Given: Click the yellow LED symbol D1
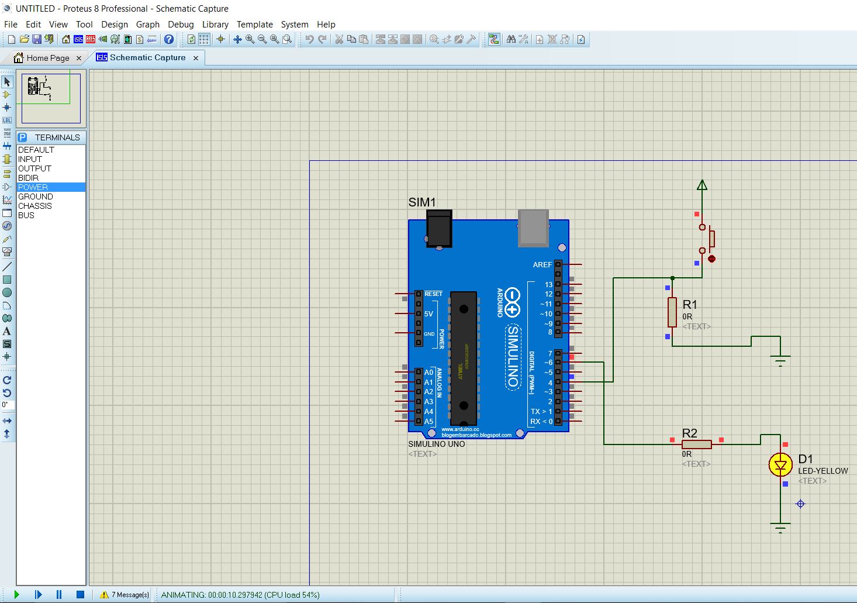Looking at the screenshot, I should (x=780, y=465).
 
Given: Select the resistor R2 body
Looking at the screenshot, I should (x=696, y=445).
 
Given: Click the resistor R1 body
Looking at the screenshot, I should (x=672, y=312).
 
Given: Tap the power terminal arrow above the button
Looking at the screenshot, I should (x=702, y=185).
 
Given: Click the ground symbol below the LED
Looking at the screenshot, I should (x=780, y=527).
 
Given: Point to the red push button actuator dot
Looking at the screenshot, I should (x=711, y=259).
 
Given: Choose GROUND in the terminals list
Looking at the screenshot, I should (x=35, y=197).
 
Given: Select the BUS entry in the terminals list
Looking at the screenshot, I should (x=26, y=215).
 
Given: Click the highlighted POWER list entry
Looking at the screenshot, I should (x=33, y=187).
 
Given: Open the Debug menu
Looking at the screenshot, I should (x=181, y=25).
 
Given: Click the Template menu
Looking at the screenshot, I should (x=254, y=25).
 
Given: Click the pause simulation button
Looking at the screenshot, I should (x=59, y=594).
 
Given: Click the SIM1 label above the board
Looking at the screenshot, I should (x=421, y=202).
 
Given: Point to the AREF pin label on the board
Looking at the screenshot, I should (x=542, y=265).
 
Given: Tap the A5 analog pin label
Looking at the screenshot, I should (x=429, y=421).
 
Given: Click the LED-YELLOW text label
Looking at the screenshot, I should (x=823, y=471).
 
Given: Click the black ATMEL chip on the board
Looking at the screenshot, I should (x=464, y=358).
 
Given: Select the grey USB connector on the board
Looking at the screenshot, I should (x=533, y=228).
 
